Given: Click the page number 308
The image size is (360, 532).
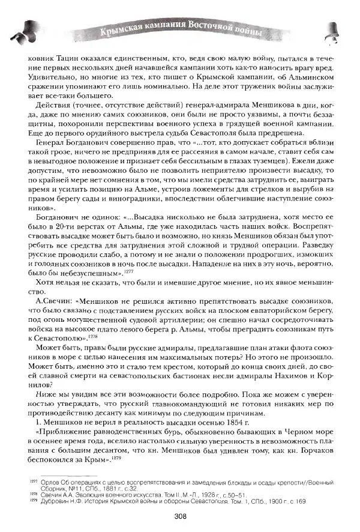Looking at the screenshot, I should [x=180, y=515].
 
